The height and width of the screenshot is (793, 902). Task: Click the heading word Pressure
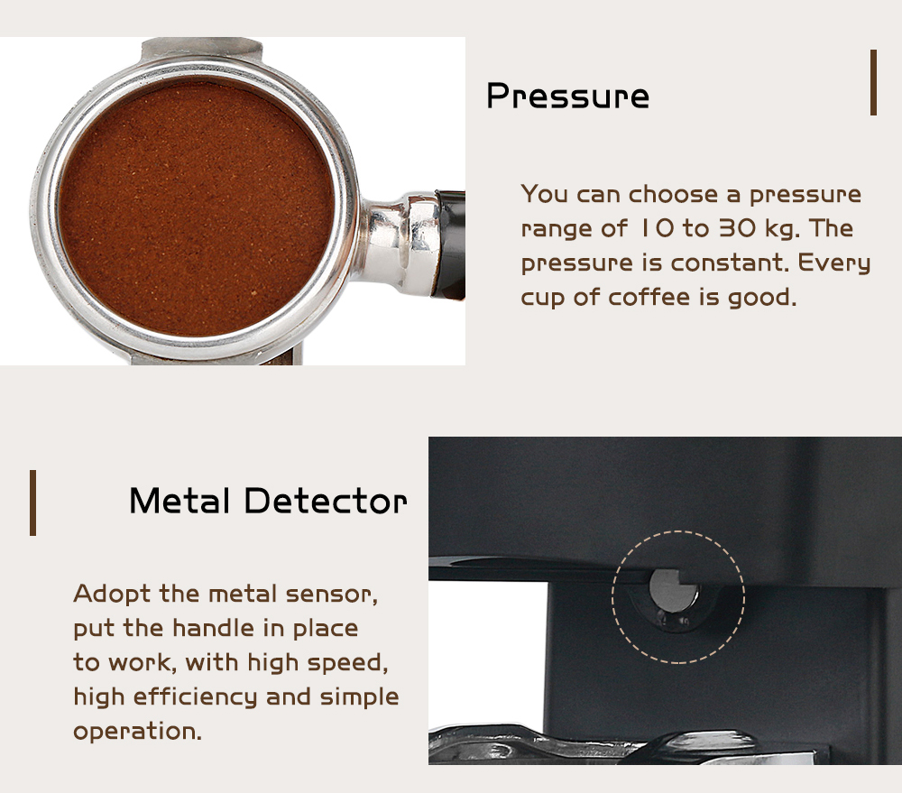coord(567,96)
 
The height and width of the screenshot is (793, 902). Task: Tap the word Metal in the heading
coord(179,501)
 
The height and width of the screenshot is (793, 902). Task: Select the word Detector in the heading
coord(326,501)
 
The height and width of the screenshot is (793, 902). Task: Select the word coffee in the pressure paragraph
coord(649,297)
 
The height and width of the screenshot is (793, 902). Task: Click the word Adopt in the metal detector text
coord(112,595)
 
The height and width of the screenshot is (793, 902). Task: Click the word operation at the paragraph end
coord(137,732)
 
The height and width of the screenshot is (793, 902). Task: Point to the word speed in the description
coord(347,663)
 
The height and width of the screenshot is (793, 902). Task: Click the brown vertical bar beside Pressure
coord(873,82)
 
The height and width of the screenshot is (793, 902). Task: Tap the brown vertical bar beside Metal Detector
coord(32,503)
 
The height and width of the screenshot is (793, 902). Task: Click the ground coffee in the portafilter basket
coord(196,208)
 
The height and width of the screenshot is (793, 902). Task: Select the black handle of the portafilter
coord(451,244)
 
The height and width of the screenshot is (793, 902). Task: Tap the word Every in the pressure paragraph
coord(834,264)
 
